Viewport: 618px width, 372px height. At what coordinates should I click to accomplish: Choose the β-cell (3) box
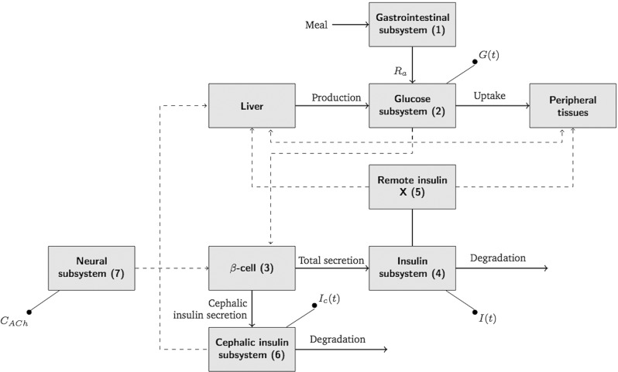253,268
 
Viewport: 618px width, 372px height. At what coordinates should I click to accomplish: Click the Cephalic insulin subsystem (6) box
253,347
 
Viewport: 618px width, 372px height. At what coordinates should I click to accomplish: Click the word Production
336,98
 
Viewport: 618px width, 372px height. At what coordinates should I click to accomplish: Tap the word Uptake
489,98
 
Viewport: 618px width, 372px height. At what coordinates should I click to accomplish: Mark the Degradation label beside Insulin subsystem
496,258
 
